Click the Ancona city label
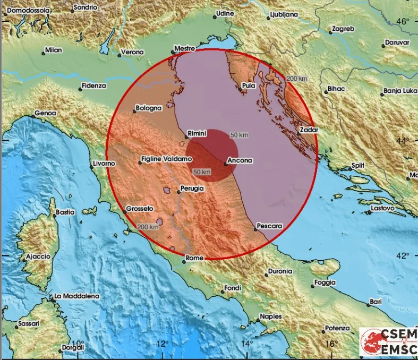tap(240, 160)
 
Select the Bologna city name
tap(148, 108)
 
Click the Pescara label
tap(269, 226)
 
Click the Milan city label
tap(54, 50)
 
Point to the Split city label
tap(358, 166)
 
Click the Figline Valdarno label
tap(166, 159)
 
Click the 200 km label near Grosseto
tap(148, 227)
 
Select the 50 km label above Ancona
tap(239, 135)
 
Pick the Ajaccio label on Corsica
tap(38, 256)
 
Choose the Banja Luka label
tap(399, 91)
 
